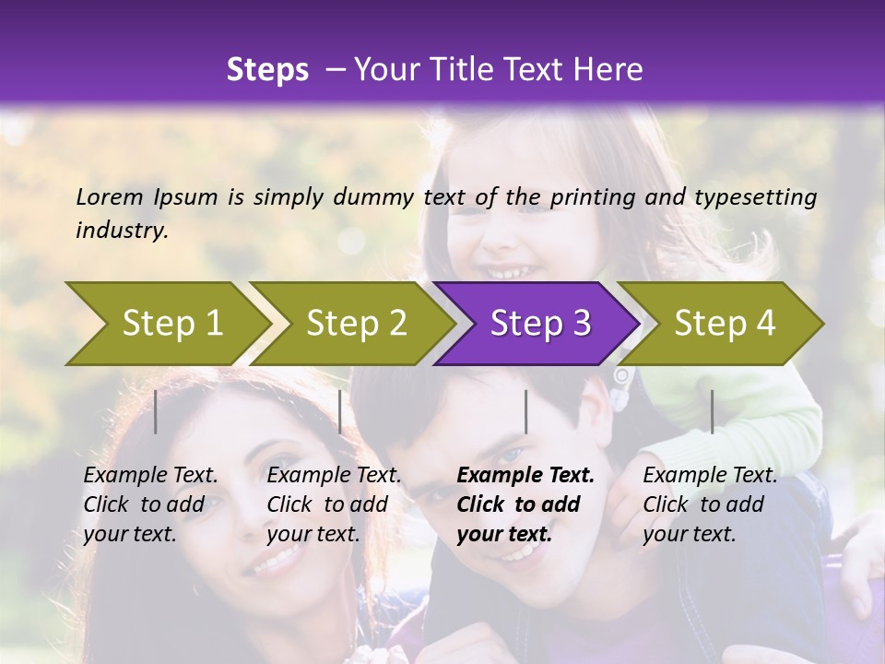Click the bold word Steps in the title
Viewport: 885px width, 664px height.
pyautogui.click(x=267, y=70)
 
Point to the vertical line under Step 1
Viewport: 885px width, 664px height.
pyautogui.click(x=156, y=411)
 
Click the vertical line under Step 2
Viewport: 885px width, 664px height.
pyautogui.click(x=340, y=411)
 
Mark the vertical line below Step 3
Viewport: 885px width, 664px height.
pyautogui.click(x=525, y=411)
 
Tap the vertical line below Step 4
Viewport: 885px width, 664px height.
pyautogui.click(x=712, y=411)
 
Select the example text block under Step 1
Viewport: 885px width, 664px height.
pyautogui.click(x=150, y=504)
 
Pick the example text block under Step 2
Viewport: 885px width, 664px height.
pyautogui.click(x=334, y=504)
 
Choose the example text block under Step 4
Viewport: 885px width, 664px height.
pyautogui.click(x=710, y=504)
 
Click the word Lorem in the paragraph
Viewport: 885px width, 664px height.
pyautogui.click(x=110, y=196)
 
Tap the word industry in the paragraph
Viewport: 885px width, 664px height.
pyautogui.click(x=121, y=230)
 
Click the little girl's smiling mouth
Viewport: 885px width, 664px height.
pyautogui.click(x=508, y=273)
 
